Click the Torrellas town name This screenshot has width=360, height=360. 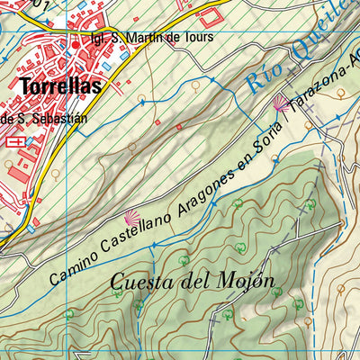[57, 86]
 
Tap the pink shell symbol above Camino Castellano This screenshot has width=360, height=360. [131, 217]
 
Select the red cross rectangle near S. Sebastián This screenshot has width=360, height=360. [15, 141]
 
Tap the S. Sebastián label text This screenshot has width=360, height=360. [44, 117]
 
